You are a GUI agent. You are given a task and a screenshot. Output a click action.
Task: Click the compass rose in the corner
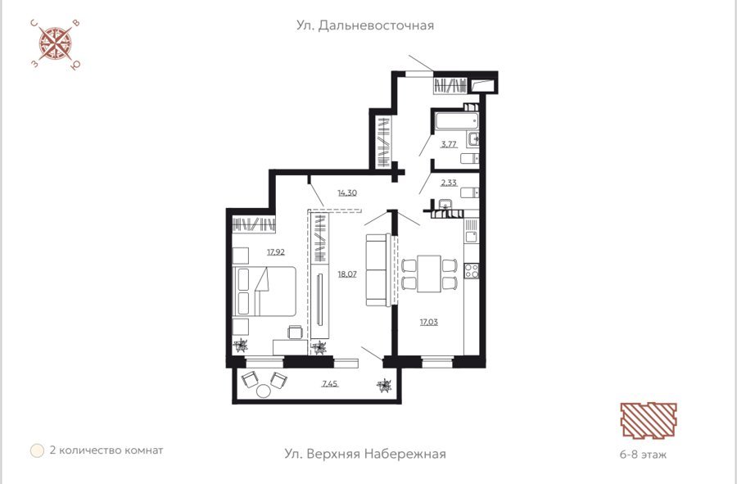55,44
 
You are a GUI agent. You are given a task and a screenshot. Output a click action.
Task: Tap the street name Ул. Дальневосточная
364,25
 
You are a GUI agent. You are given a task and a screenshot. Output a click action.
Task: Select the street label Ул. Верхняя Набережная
365,454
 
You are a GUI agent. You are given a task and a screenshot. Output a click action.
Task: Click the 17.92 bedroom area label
276,252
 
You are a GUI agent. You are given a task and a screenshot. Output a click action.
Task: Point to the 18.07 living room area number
347,274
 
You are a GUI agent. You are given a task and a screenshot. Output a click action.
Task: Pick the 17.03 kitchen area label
428,322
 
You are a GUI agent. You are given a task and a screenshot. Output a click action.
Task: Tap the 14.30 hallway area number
347,192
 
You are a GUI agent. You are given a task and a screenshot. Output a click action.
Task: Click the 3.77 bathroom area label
449,144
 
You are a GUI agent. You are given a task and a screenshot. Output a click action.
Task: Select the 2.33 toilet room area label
449,183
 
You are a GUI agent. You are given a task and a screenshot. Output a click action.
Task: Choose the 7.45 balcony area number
330,384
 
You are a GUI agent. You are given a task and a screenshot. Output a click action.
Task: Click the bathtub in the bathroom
456,120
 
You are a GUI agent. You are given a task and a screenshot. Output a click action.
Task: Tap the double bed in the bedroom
265,292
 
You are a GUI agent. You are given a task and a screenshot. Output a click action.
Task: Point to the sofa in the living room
378,270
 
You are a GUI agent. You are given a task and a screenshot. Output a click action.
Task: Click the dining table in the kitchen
428,274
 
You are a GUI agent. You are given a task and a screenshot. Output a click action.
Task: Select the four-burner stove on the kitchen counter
472,271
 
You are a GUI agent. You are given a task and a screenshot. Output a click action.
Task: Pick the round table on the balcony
264,391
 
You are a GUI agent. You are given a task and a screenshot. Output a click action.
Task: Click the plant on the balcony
384,386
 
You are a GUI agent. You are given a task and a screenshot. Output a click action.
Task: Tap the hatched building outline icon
649,421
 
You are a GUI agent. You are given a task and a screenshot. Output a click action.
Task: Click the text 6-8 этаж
643,455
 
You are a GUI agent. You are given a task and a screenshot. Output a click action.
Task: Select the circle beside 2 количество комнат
37,450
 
